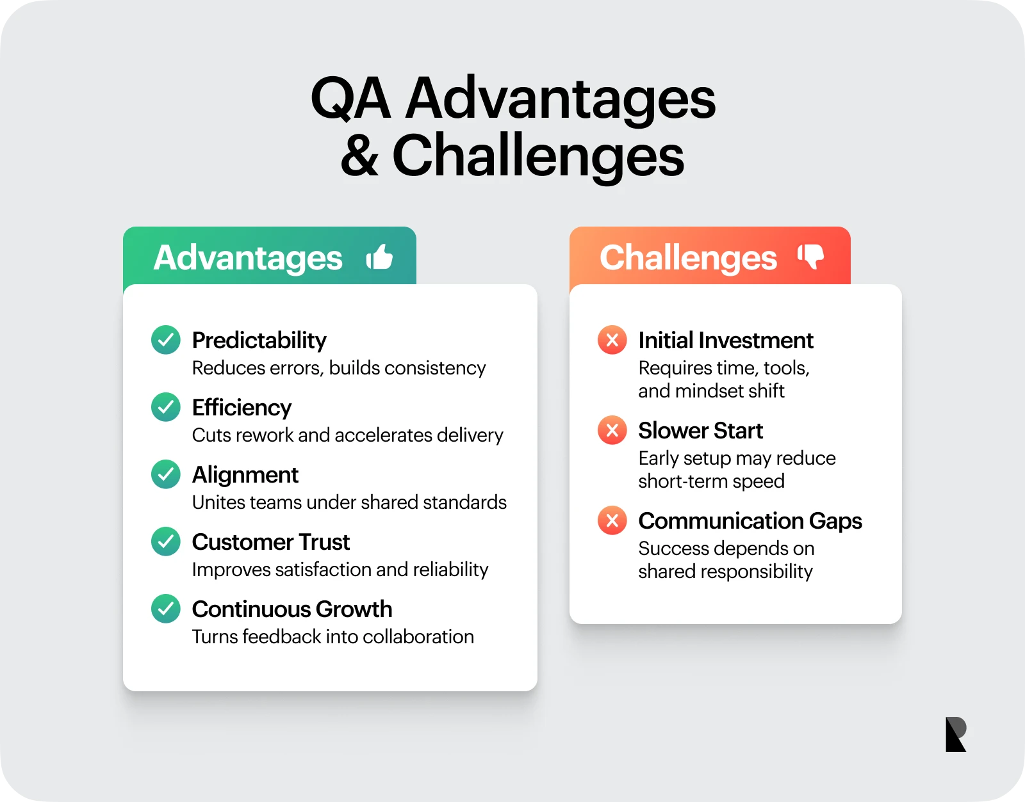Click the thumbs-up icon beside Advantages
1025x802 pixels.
pyautogui.click(x=380, y=257)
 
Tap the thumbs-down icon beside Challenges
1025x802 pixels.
pyautogui.click(x=810, y=257)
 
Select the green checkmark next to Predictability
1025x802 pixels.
pyautogui.click(x=165, y=340)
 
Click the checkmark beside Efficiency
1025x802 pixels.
pyautogui.click(x=165, y=406)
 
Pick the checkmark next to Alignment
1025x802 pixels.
pyautogui.click(x=165, y=474)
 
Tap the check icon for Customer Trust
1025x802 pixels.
pyautogui.click(x=165, y=541)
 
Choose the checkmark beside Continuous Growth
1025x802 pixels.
pyautogui.click(x=165, y=609)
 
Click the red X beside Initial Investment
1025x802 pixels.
pyautogui.click(x=612, y=340)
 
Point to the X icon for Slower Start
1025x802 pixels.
pyautogui.click(x=612, y=430)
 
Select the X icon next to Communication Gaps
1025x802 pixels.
pyautogui.click(x=612, y=520)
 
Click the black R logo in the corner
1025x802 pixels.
pyautogui.click(x=956, y=734)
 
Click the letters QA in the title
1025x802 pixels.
pyautogui.click(x=351, y=98)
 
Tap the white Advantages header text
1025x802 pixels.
pyautogui.click(x=248, y=259)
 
